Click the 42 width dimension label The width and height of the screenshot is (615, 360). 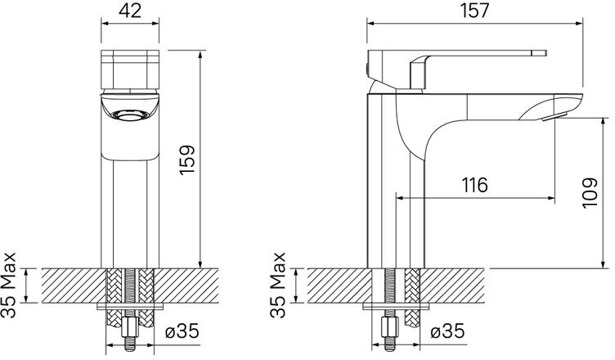point(130,11)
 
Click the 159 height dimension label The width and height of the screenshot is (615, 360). point(187,160)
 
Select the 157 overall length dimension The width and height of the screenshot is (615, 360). point(475,11)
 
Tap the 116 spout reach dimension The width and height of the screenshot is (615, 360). point(474,185)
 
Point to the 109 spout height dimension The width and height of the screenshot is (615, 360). point(590,193)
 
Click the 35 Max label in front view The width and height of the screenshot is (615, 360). point(9,285)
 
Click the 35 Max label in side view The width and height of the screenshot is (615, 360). point(278,285)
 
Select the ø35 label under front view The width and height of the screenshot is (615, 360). point(182,331)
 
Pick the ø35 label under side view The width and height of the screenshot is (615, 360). point(447,331)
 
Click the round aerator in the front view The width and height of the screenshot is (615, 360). point(130,115)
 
